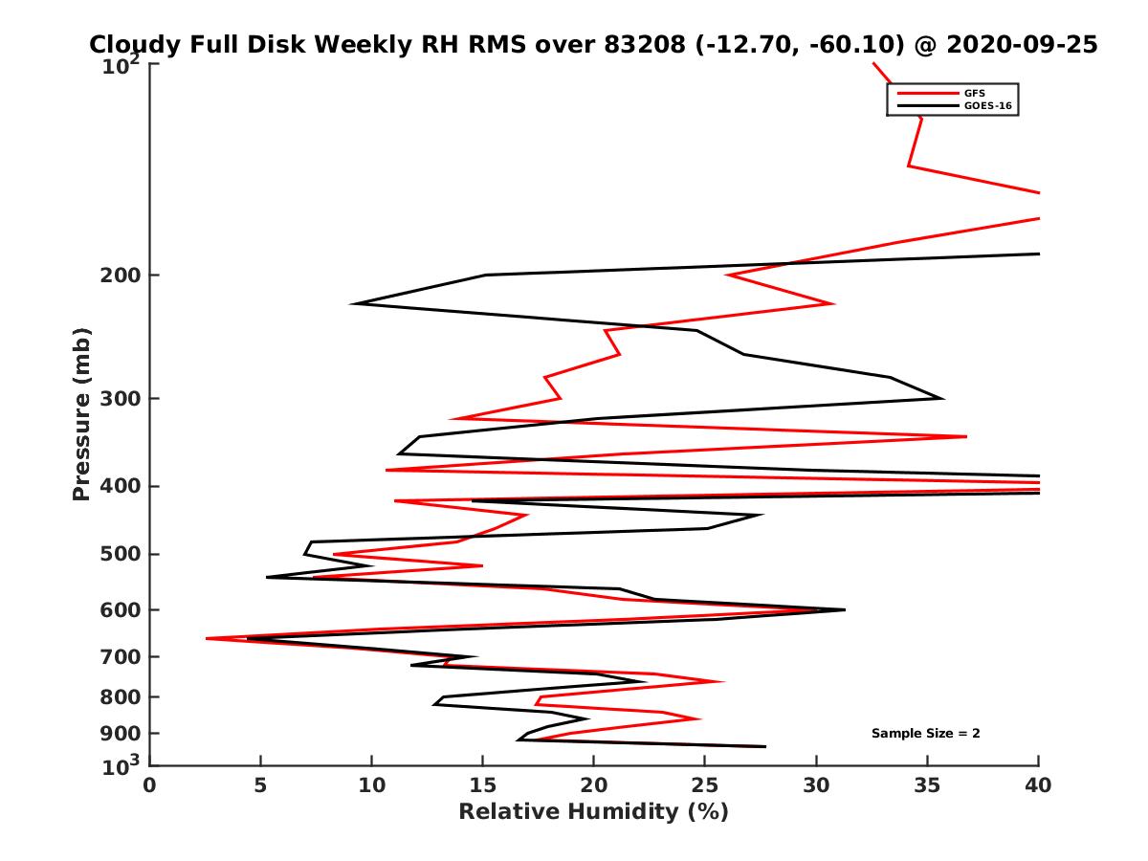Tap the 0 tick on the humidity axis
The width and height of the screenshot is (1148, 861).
pyautogui.click(x=150, y=784)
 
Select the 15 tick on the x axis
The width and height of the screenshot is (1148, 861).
pyautogui.click(x=483, y=784)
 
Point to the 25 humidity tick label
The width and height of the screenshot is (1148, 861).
pyautogui.click(x=705, y=784)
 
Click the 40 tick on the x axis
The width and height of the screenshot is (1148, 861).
pyautogui.click(x=1038, y=784)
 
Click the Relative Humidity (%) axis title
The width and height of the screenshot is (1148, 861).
pyautogui.click(x=593, y=812)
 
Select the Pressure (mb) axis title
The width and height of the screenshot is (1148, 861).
pyautogui.click(x=81, y=414)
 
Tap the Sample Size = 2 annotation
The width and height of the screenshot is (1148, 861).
pyautogui.click(x=925, y=734)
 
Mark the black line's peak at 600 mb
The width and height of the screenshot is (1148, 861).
pyautogui.click(x=845, y=609)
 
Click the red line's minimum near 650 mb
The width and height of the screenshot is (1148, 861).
pyautogui.click(x=207, y=638)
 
